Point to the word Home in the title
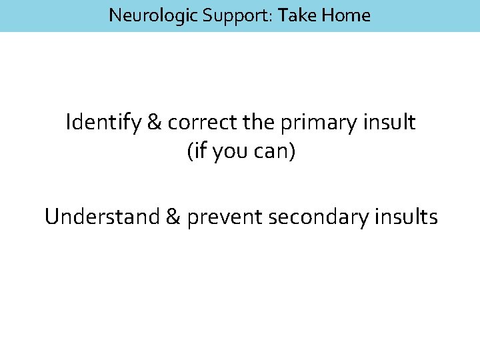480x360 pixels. (x=345, y=15)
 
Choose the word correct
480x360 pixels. (x=197, y=123)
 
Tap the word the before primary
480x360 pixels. (x=257, y=123)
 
